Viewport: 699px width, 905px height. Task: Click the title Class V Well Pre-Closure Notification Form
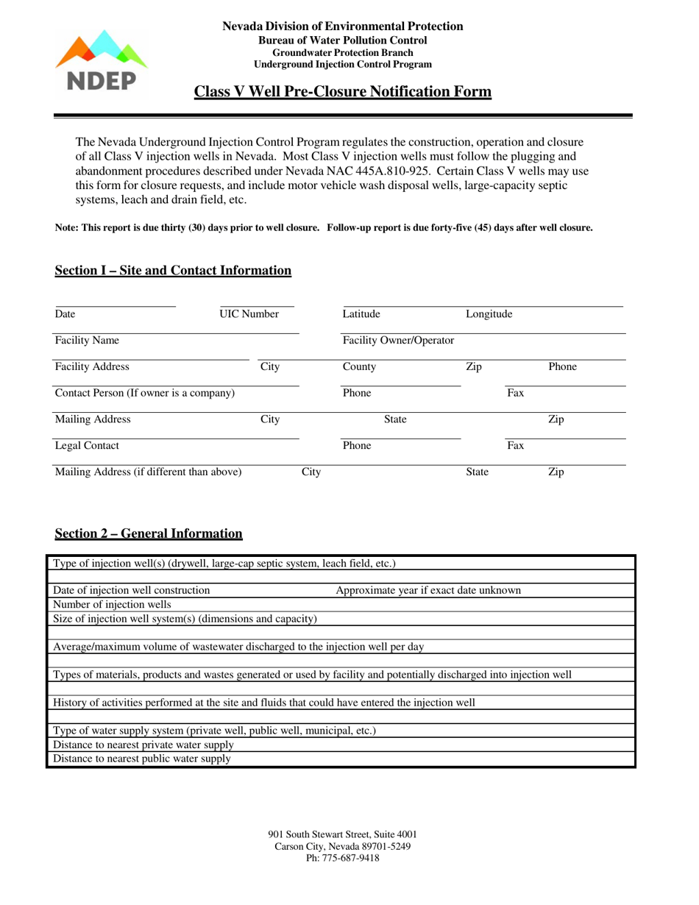click(342, 92)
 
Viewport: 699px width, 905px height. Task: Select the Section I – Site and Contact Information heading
click(173, 271)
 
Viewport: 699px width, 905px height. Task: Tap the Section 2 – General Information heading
click(149, 533)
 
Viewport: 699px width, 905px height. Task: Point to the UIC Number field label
click(249, 314)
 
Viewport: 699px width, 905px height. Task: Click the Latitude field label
click(361, 314)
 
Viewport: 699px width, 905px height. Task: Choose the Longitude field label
click(489, 314)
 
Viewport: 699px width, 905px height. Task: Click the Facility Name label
click(87, 341)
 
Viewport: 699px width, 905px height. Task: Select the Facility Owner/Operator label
click(398, 341)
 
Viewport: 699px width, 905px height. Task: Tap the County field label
click(359, 366)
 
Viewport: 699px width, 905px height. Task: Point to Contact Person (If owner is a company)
click(145, 393)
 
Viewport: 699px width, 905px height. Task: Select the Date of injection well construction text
click(132, 590)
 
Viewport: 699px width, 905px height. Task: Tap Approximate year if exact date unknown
click(428, 590)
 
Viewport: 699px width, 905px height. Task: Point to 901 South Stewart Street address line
click(343, 834)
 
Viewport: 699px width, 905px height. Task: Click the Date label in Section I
click(65, 314)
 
